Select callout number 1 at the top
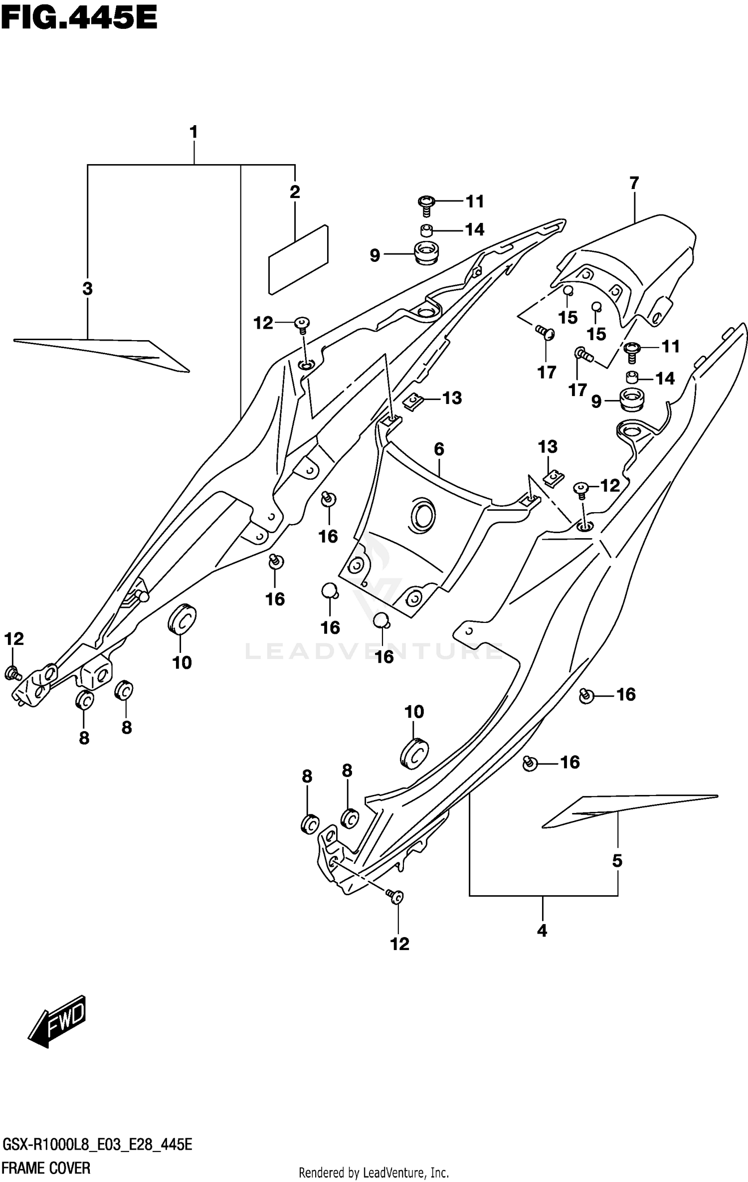click(193, 133)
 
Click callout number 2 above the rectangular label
click(295, 192)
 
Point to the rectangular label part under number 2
click(298, 259)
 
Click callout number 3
click(87, 288)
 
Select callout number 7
click(634, 183)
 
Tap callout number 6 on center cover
click(439, 449)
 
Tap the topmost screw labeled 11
click(426, 202)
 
